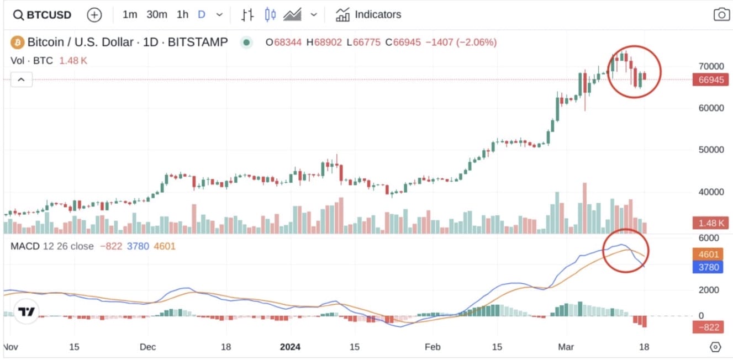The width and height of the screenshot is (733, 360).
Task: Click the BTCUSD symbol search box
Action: coord(43,15)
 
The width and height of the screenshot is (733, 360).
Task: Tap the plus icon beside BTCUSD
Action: coord(94,15)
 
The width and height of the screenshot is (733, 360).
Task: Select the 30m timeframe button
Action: coord(156,15)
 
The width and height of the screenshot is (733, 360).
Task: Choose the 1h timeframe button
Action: coord(182,15)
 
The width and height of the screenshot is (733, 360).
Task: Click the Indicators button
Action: coord(368,15)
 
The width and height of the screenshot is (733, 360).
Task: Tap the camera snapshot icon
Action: coord(721,15)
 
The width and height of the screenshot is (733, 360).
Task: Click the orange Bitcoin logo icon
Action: coord(17,42)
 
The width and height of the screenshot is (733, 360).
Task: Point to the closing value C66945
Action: coord(403,42)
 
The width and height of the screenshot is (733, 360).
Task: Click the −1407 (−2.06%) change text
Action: coord(461,42)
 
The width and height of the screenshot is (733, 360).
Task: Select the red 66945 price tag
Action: coord(710,80)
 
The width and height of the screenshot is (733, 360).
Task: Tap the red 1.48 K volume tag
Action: coord(710,223)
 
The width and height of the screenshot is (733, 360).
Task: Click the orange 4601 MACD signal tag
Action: coord(709,255)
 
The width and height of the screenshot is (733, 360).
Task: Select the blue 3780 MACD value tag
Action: coord(709,267)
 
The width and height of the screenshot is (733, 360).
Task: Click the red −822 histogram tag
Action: coord(709,327)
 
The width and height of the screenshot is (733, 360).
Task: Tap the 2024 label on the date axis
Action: coord(290,347)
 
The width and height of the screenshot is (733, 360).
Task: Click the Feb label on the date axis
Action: coord(433,347)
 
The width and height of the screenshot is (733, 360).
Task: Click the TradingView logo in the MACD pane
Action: coord(26,312)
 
